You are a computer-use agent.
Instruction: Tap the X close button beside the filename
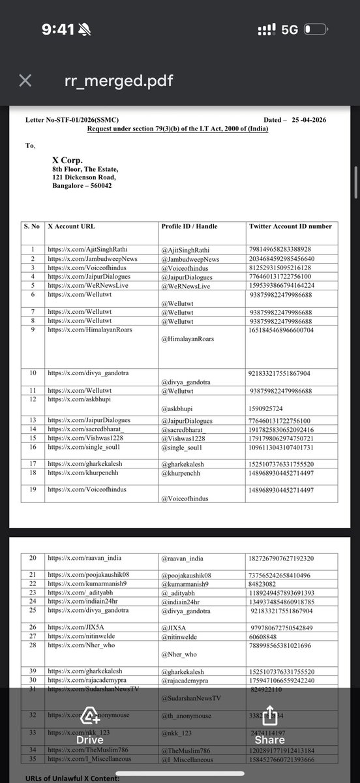(24, 80)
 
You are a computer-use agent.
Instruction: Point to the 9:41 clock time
(57, 29)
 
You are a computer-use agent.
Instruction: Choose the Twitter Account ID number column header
(290, 226)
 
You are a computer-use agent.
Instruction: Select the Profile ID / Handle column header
(190, 226)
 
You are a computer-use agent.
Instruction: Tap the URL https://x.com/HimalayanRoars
(89, 330)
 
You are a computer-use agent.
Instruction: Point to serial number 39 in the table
(32, 652)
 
